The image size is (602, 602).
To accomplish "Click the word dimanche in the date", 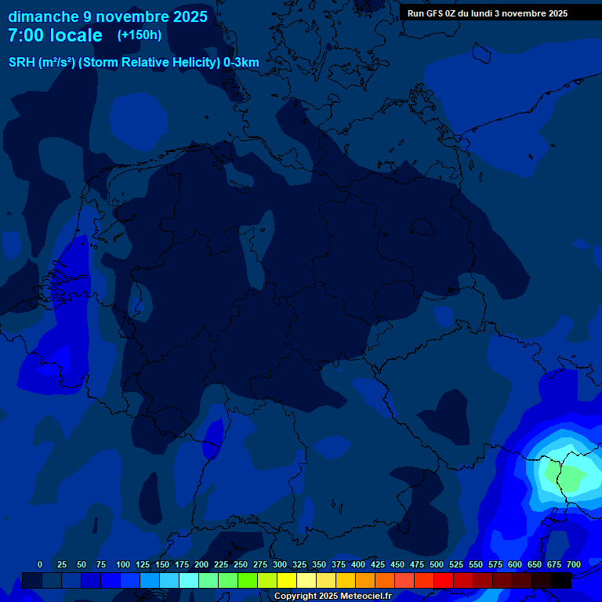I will tap(38, 16).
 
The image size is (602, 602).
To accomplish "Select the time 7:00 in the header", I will tap(23, 36).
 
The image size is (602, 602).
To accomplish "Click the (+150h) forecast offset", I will tap(139, 35).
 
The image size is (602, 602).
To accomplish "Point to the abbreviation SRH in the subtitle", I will tap(21, 63).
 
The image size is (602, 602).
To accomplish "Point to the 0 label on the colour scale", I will tap(40, 564).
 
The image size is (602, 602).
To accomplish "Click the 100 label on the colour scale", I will tap(123, 564).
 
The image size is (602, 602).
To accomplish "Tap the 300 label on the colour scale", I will tap(280, 564).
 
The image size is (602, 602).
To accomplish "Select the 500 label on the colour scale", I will tap(437, 564).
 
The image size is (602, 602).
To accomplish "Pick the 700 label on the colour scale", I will tap(574, 564).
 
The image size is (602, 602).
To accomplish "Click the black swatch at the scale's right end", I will tap(561, 580).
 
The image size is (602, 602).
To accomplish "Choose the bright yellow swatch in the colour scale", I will tap(287, 580).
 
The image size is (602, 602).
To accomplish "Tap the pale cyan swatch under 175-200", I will tap(189, 580).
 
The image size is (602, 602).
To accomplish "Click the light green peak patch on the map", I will tap(570, 476).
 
